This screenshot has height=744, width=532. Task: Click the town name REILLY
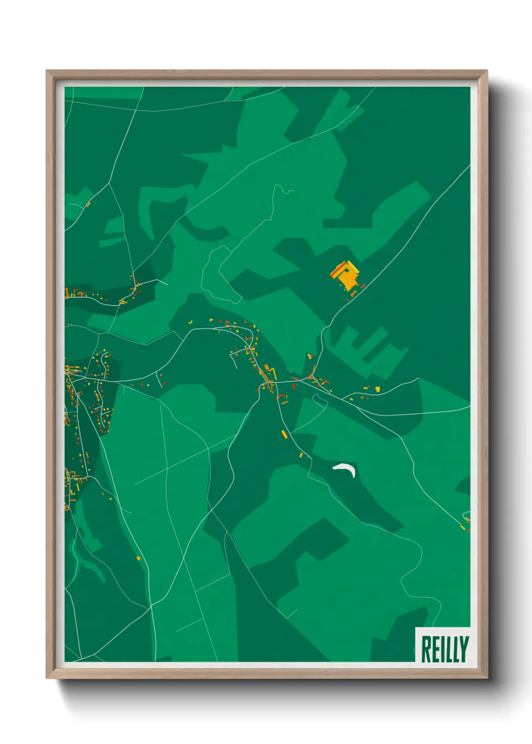coord(444,649)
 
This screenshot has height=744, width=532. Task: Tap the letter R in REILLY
coord(425,649)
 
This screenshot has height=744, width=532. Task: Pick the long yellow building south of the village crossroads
coord(283,434)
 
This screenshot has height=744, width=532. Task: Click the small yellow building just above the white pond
coord(301,455)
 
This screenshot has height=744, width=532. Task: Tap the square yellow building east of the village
coord(377,389)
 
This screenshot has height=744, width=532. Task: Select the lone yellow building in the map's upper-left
coord(88,205)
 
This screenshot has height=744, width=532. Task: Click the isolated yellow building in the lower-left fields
coord(138,558)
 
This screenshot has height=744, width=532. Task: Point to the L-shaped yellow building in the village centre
coord(272,373)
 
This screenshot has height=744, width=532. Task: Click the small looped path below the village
coord(318,399)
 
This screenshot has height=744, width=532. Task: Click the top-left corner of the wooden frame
coord(47,71)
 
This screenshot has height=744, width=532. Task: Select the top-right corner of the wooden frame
coord(487,71)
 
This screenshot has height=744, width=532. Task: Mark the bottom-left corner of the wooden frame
coord(47,678)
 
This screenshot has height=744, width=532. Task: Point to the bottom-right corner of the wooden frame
coord(487,678)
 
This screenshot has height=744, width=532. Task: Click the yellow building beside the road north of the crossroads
coord(309,356)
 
